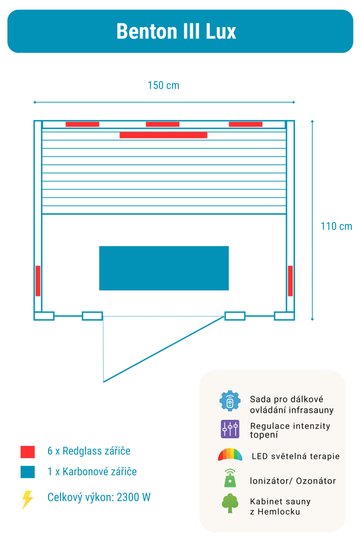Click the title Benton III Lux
tap(176, 31)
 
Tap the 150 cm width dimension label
tap(163, 85)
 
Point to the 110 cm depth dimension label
tap(336, 226)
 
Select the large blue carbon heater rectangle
tap(164, 268)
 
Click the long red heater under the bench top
tap(163, 135)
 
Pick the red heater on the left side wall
tap(38, 281)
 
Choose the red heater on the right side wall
tap(290, 281)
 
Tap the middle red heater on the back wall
tap(163, 124)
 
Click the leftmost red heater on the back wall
tap(82, 124)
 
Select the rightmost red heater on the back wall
tap(245, 124)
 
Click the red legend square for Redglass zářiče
tap(28, 452)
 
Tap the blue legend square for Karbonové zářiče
tap(28, 472)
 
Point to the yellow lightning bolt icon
tap(27, 499)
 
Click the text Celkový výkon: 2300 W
tap(99, 497)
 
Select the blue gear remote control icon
tap(230, 401)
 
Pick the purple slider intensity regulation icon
tap(230, 429)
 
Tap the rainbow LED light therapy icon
tap(230, 455)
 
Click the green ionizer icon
tap(230, 479)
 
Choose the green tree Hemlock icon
tap(230, 504)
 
